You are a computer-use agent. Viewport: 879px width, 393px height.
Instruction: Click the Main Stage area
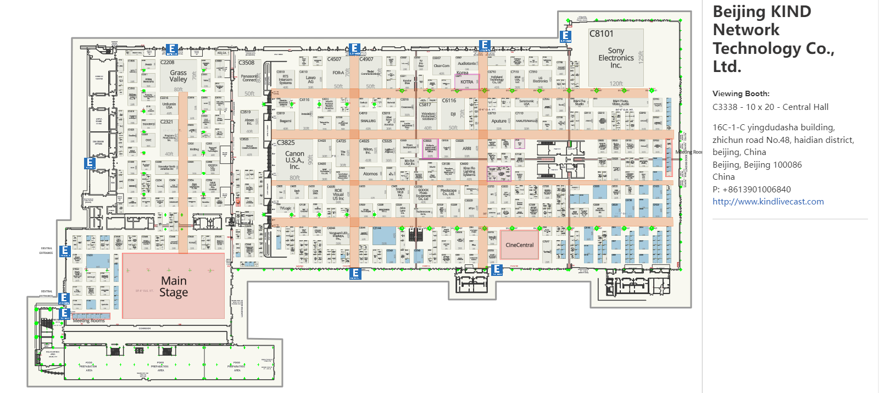[174, 286]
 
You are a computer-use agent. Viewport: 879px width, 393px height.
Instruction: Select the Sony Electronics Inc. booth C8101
[616, 58]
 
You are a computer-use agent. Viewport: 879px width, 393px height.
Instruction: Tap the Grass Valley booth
[178, 76]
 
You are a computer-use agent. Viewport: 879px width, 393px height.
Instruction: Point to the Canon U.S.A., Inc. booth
[294, 160]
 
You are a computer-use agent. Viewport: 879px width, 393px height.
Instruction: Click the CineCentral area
[519, 245]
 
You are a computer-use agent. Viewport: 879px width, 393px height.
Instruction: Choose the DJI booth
[453, 114]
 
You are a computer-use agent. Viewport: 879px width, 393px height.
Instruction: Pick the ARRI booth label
[466, 148]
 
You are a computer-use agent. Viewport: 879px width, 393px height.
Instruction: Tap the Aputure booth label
[499, 121]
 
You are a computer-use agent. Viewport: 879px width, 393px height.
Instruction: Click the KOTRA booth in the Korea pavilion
[466, 82]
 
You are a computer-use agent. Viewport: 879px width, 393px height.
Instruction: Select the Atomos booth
[370, 174]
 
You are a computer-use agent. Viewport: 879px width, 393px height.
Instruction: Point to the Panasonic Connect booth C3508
[249, 78]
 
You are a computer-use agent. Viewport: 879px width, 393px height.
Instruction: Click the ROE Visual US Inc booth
[338, 195]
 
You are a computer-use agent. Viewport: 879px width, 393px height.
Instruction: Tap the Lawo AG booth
[311, 80]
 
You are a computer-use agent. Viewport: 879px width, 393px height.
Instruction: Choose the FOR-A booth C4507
[338, 73]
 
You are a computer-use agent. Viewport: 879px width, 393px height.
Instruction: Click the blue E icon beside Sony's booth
[565, 36]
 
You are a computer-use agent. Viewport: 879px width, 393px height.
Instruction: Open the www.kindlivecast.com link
[768, 202]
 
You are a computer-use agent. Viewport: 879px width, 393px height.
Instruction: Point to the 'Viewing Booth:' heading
[741, 93]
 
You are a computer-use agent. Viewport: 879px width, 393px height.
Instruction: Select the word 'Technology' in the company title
[756, 48]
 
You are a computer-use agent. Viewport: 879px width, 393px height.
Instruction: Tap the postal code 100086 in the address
[787, 165]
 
